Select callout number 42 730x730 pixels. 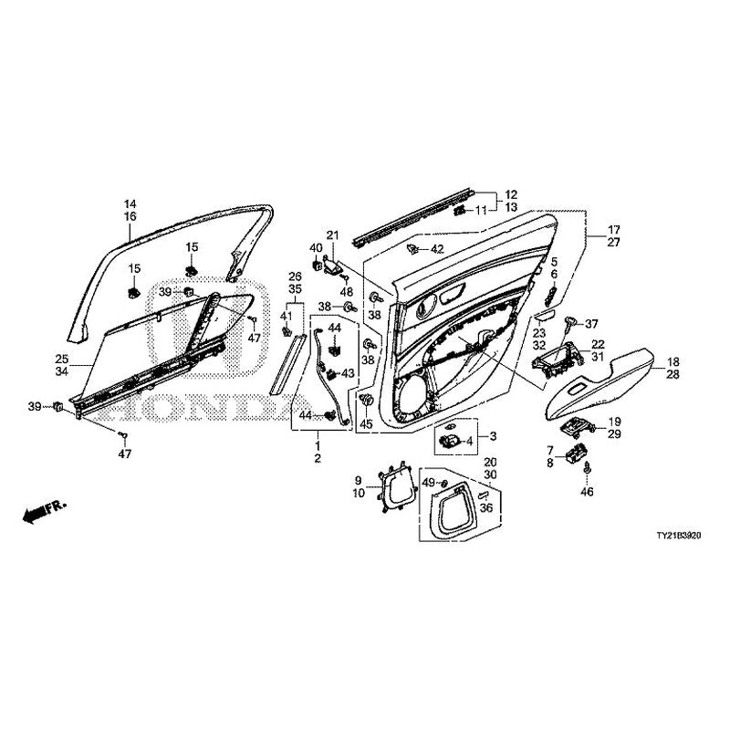pos(437,249)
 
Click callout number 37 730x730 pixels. pos(591,324)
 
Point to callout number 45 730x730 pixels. pos(366,424)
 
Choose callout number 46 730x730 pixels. pos(588,491)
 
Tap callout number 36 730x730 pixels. pos(487,508)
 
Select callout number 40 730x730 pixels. pos(317,248)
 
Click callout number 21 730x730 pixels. pos(332,235)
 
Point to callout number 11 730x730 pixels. pos(481,211)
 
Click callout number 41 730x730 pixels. pos(287,316)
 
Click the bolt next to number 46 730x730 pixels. pos(587,469)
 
